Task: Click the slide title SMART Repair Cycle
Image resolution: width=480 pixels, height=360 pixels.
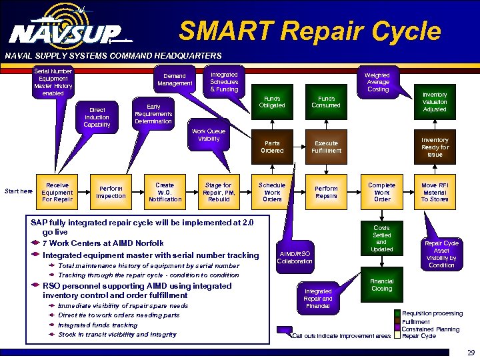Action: point(310,31)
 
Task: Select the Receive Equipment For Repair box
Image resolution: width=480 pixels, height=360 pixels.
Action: point(57,191)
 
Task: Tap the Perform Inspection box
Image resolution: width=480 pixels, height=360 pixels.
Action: point(111,192)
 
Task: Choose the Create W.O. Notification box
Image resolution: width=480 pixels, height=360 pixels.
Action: point(165,192)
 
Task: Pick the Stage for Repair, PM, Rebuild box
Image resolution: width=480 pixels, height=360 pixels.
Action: point(219,192)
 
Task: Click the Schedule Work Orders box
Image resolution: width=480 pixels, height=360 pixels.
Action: point(272,192)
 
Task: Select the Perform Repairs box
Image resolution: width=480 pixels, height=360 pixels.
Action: point(326,192)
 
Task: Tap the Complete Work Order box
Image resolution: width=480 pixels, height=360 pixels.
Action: point(382,192)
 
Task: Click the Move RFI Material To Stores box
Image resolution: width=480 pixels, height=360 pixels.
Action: point(435,192)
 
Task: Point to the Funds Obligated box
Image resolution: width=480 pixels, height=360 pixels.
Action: point(272,101)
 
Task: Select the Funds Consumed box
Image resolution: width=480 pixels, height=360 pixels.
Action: point(326,101)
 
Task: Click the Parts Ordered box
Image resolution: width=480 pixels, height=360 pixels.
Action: point(272,147)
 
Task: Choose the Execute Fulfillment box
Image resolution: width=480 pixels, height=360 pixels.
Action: point(326,147)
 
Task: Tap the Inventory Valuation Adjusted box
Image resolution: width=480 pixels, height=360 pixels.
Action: point(435,102)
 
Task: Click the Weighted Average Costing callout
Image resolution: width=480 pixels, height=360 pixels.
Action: point(378,82)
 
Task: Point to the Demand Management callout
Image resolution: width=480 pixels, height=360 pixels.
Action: point(175,79)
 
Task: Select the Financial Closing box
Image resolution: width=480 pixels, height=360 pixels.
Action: point(382,285)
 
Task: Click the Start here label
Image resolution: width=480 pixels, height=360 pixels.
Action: point(18,192)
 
